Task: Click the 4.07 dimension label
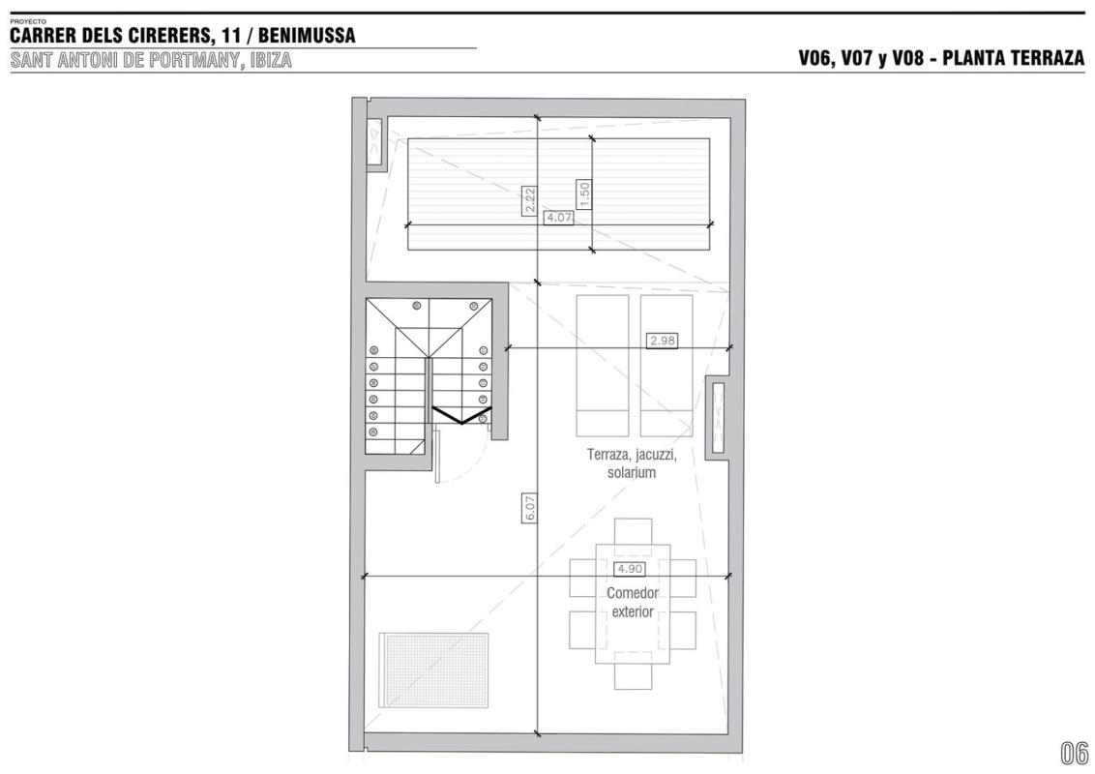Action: click(559, 218)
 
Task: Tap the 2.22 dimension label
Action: click(529, 200)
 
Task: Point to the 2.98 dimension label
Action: click(662, 341)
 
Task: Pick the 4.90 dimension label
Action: click(629, 569)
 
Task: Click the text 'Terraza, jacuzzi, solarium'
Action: click(632, 463)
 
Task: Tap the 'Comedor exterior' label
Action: click(632, 602)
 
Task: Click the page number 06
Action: click(1074, 753)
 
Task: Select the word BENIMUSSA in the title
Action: click(307, 35)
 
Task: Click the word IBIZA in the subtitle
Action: click(270, 60)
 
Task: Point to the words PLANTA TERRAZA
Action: click(1014, 58)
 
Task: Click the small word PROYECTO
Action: click(28, 21)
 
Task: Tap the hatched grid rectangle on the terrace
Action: click(433, 670)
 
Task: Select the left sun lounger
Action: click(602, 366)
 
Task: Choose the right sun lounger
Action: click(666, 366)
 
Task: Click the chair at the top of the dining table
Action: click(633, 531)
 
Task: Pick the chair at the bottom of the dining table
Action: click(633, 676)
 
